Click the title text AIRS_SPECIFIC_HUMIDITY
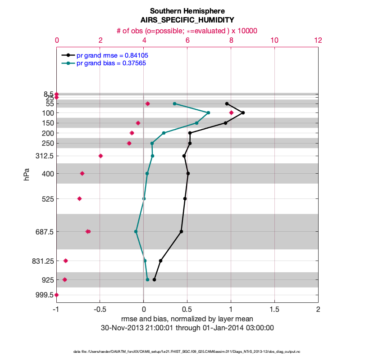pos(187,20)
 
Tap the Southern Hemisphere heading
pos(187,10)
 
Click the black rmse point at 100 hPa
pos(243,112)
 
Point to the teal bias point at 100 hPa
pos(208,112)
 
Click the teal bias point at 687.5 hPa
pos(136,231)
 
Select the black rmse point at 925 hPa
pos(154,279)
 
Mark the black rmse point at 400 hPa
pos(188,173)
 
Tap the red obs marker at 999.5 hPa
pos(56,295)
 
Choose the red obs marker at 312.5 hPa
pos(100,156)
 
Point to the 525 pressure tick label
pos(47,198)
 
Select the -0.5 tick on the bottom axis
pos(100,310)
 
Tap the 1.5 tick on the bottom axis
pos(274,310)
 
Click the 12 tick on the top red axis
pos(318,40)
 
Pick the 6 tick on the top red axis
pos(187,40)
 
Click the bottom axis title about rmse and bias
pos(187,319)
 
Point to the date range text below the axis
pos(187,328)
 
